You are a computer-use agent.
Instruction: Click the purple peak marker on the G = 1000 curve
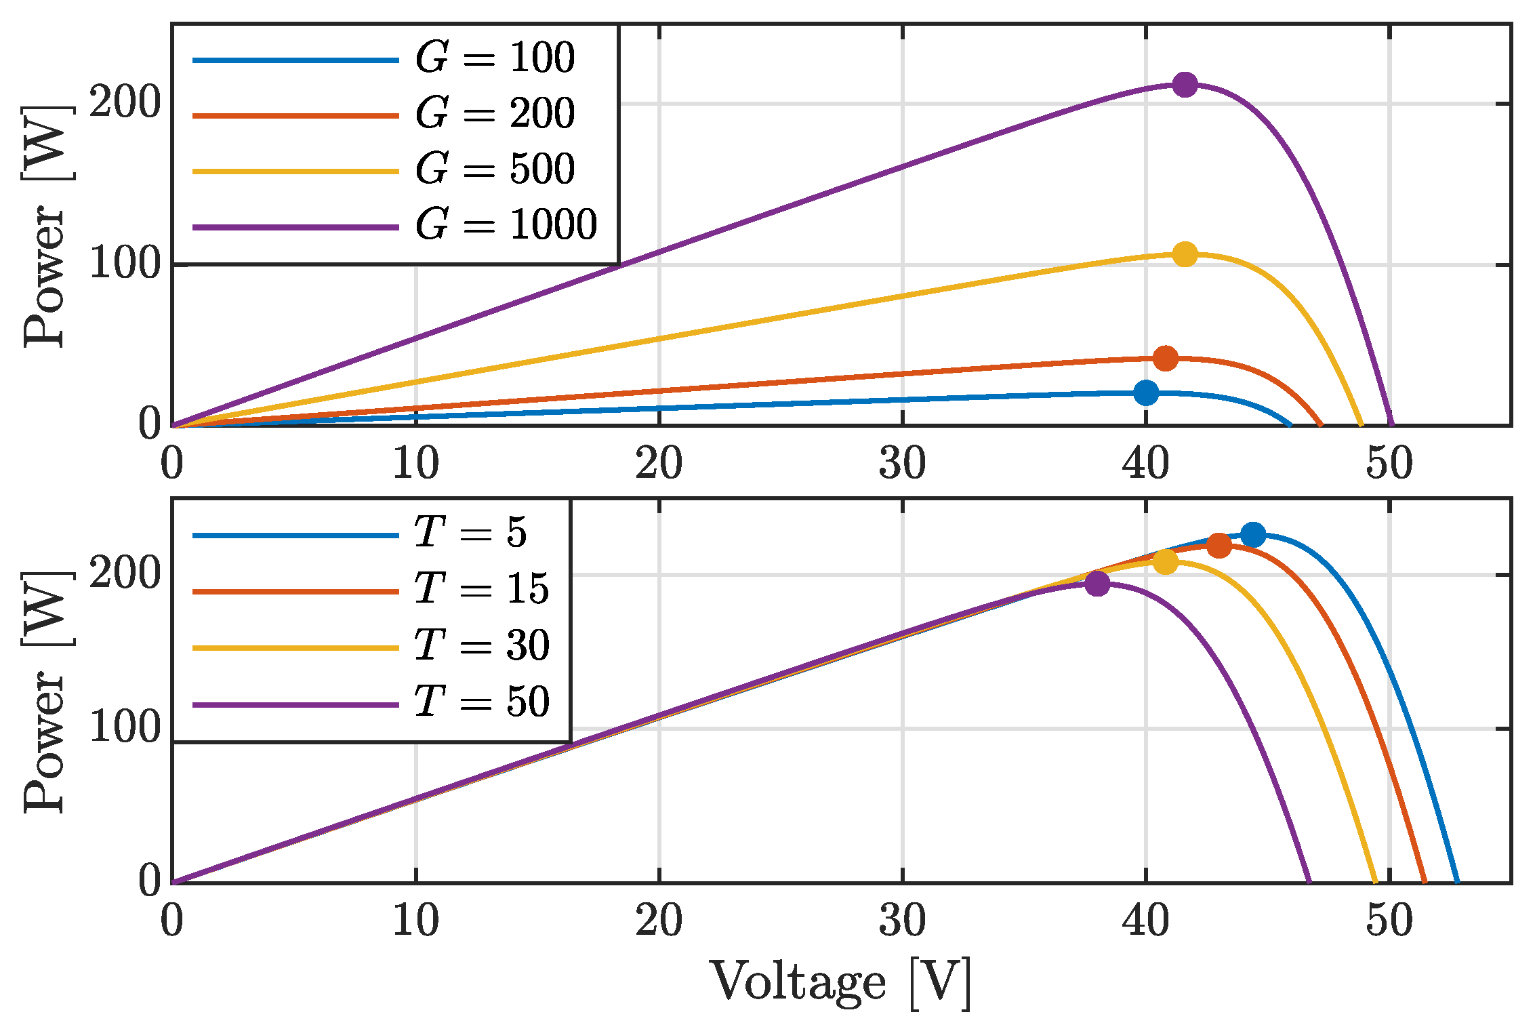click(x=1185, y=85)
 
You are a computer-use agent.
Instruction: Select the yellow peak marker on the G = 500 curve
click(x=1185, y=255)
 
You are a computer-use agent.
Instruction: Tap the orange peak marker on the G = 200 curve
click(x=1165, y=359)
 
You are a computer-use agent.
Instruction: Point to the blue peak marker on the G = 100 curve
click(x=1146, y=392)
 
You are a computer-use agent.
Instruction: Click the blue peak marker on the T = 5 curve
click(x=1253, y=535)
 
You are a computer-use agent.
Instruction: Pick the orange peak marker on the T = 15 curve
click(x=1219, y=545)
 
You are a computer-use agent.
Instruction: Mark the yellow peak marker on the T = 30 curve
click(x=1165, y=561)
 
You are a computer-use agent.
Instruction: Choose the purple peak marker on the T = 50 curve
click(x=1097, y=584)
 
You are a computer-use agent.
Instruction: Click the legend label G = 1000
click(x=506, y=224)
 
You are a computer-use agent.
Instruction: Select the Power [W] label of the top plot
click(x=45, y=227)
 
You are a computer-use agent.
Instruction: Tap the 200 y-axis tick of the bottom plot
click(x=125, y=574)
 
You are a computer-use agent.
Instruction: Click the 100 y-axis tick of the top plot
click(x=125, y=264)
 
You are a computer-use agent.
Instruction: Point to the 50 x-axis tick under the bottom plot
click(x=1389, y=922)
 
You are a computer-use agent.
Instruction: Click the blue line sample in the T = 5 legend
click(x=295, y=536)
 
